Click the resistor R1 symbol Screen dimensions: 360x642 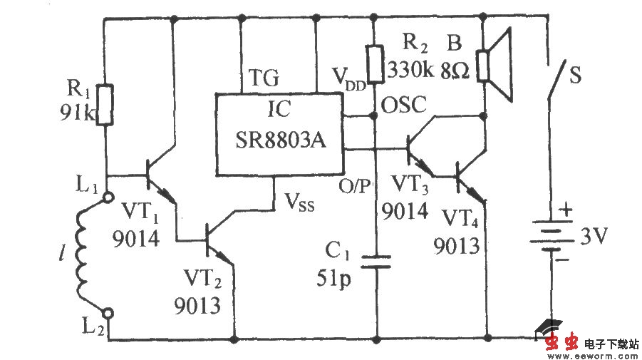105,105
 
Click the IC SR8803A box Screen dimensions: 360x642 279,133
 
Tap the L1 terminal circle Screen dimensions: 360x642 107,197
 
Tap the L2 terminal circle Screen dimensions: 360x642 107,312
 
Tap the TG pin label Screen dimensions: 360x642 263,78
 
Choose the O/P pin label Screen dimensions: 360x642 355,187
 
